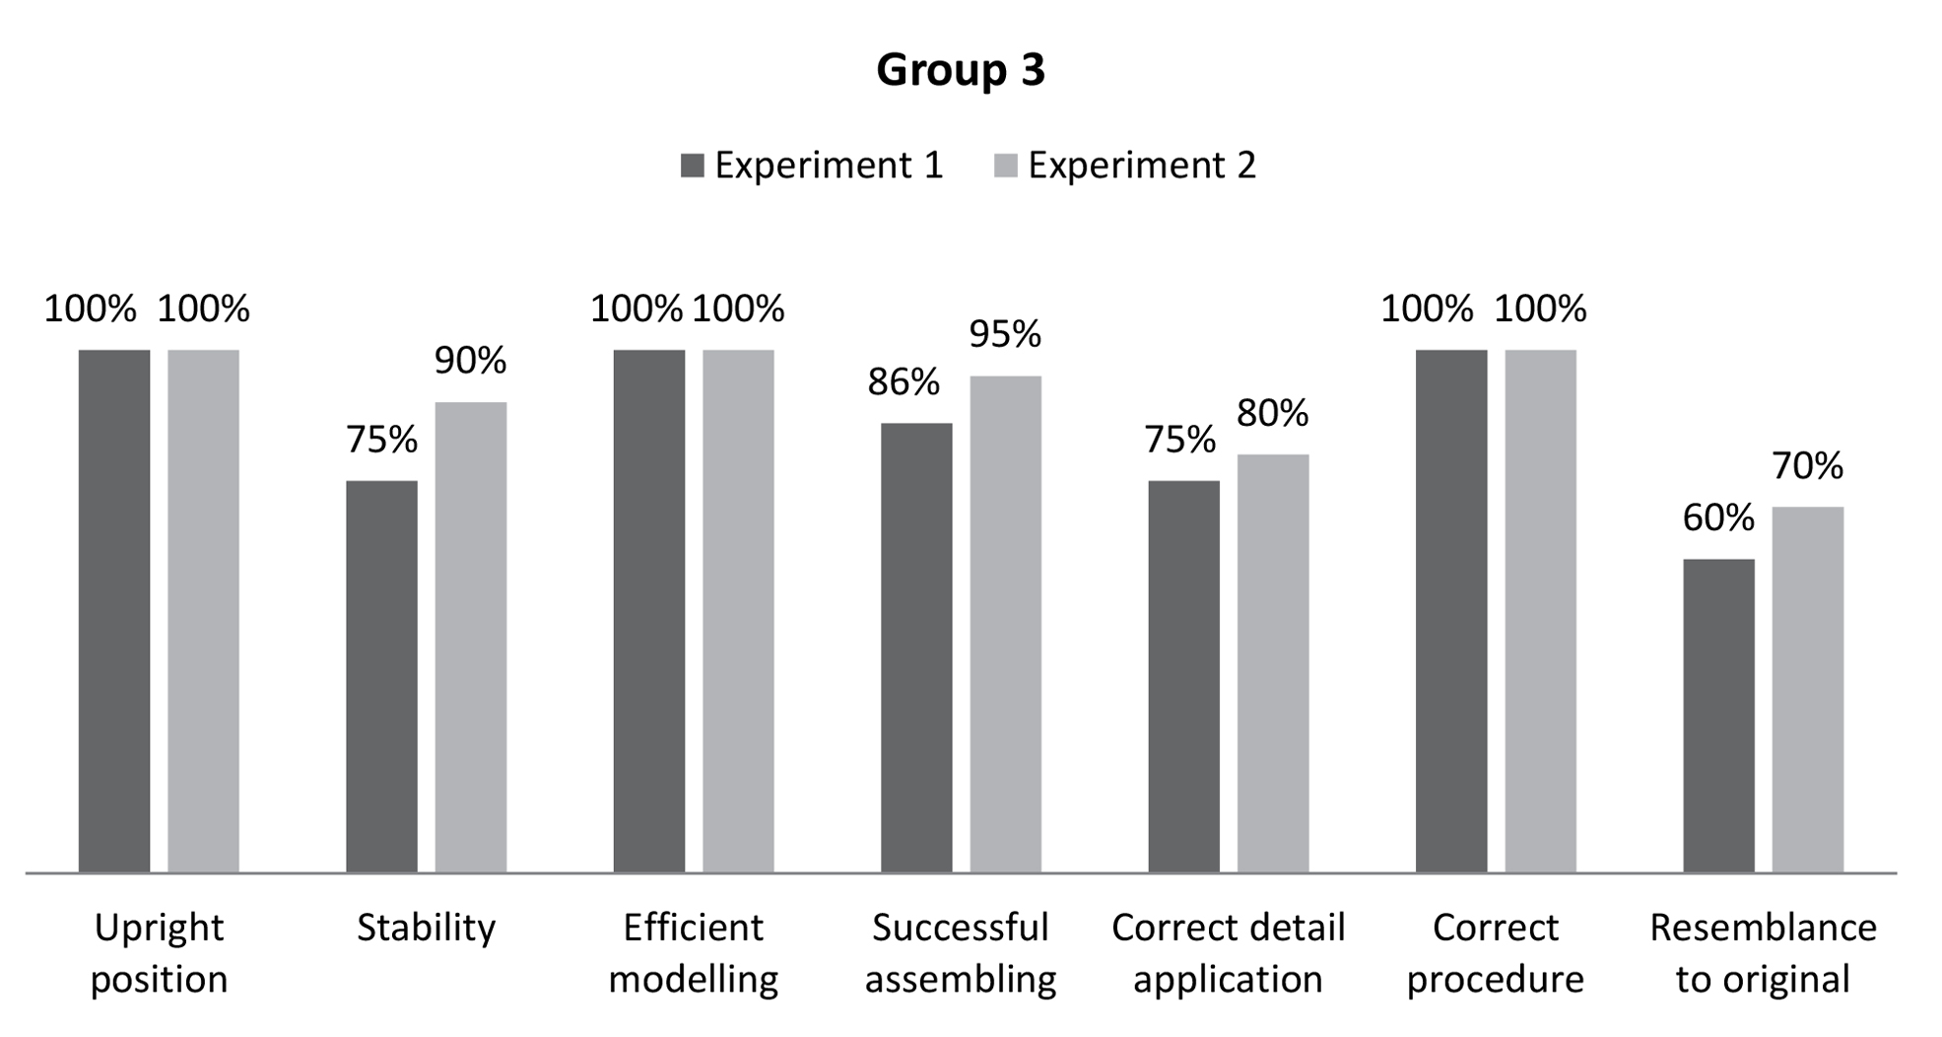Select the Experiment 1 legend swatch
point(692,166)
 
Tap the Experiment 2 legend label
point(1141,166)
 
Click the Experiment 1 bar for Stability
point(381,676)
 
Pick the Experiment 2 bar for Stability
point(470,637)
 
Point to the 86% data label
point(903,382)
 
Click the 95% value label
point(1004,335)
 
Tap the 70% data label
point(1807,466)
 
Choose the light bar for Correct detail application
point(1272,662)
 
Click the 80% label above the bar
point(1272,414)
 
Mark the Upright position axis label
point(159,953)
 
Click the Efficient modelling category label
point(693,953)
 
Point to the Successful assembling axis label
point(960,953)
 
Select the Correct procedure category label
point(1495,953)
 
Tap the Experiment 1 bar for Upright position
point(114,611)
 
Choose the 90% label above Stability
point(470,362)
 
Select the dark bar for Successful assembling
point(916,648)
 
